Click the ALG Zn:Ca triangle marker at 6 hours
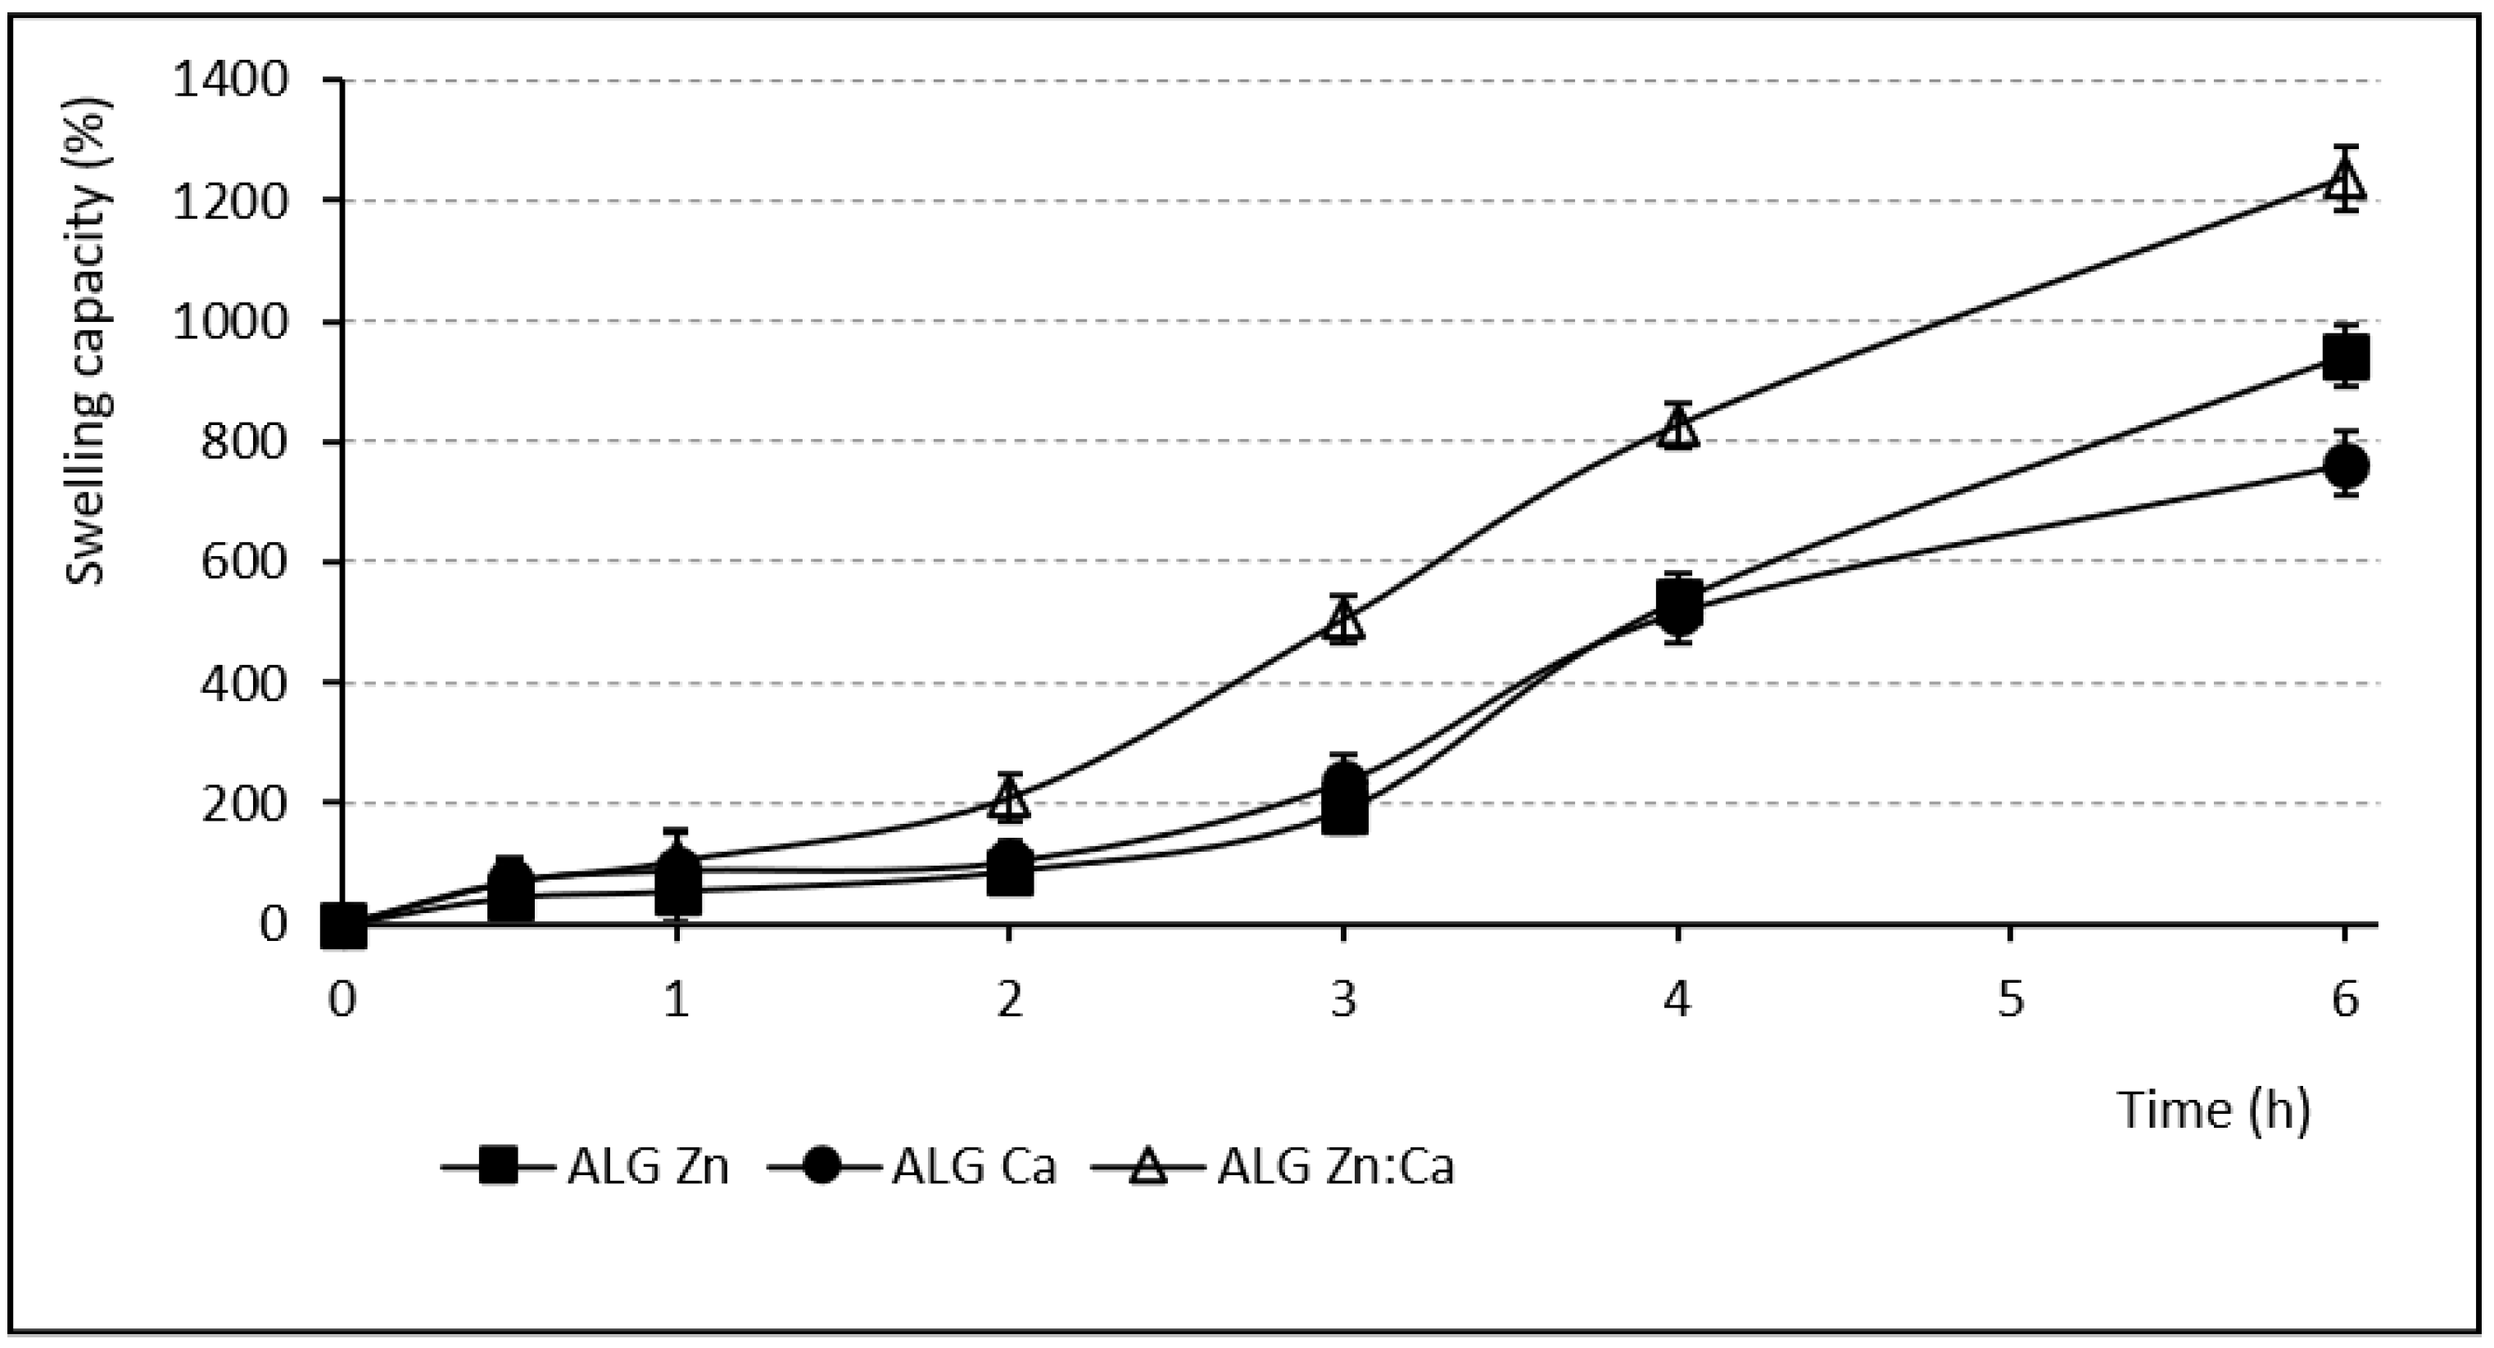2344,180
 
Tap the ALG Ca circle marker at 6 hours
2345,467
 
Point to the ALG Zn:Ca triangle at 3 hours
1344,621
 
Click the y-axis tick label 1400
230,80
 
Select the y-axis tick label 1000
230,322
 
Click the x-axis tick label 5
2011,998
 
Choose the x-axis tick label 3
1344,998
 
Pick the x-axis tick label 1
676,998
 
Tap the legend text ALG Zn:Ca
1336,1168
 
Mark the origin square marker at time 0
345,925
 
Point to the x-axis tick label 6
2344,998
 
